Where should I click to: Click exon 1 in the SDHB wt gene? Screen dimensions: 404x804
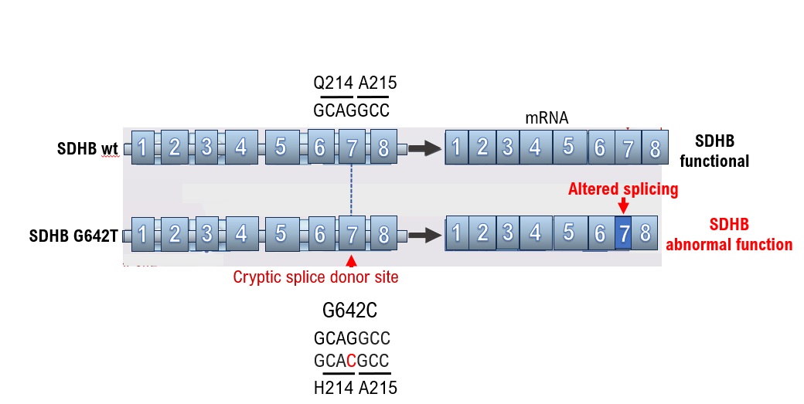143,147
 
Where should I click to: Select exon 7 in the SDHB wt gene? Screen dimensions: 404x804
352,147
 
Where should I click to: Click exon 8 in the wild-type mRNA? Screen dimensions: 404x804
655,148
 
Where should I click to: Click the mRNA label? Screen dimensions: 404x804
547,118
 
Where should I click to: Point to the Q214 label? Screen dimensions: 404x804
332,83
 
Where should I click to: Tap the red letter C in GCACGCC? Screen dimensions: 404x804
351,361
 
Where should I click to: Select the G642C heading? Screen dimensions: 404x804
349,311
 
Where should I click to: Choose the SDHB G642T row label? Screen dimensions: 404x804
76,235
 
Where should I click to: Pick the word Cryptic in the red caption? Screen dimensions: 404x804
258,277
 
